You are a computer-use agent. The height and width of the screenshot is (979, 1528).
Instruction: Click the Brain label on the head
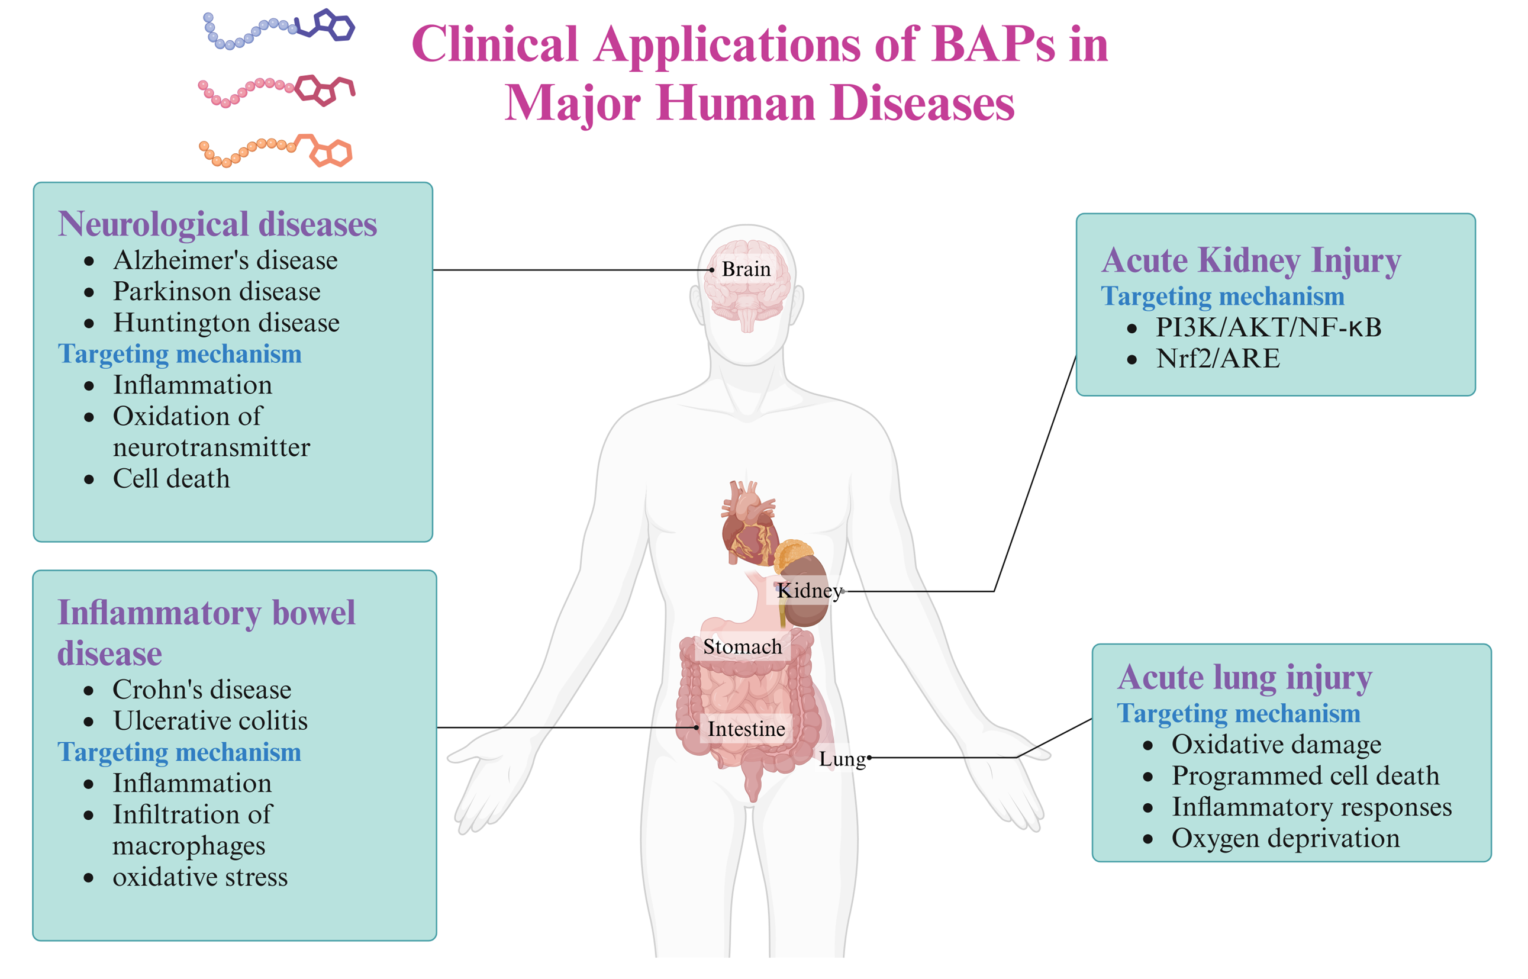(x=746, y=269)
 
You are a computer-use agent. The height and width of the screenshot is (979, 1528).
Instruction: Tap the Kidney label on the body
(x=809, y=591)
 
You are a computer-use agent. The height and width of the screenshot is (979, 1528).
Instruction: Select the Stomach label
(x=742, y=647)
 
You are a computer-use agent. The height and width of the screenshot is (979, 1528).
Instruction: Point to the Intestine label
(x=746, y=729)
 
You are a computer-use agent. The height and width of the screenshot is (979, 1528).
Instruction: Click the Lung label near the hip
(x=842, y=759)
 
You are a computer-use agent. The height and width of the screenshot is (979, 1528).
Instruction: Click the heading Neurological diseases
(x=217, y=224)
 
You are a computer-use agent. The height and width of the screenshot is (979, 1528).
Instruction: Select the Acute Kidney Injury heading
(x=1251, y=260)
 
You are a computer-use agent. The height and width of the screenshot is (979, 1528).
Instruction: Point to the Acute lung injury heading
(x=1245, y=678)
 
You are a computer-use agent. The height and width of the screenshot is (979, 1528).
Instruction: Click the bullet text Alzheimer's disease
(x=225, y=260)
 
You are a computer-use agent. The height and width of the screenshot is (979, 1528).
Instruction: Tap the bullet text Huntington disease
(x=226, y=323)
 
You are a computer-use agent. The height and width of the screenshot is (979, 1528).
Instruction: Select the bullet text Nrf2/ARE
(x=1218, y=359)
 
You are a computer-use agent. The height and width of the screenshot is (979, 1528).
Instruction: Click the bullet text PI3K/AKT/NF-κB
(x=1268, y=327)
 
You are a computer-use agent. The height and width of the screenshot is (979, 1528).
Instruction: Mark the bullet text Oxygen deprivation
(x=1285, y=839)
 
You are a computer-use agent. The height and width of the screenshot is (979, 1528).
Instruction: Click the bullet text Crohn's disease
(x=202, y=690)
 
